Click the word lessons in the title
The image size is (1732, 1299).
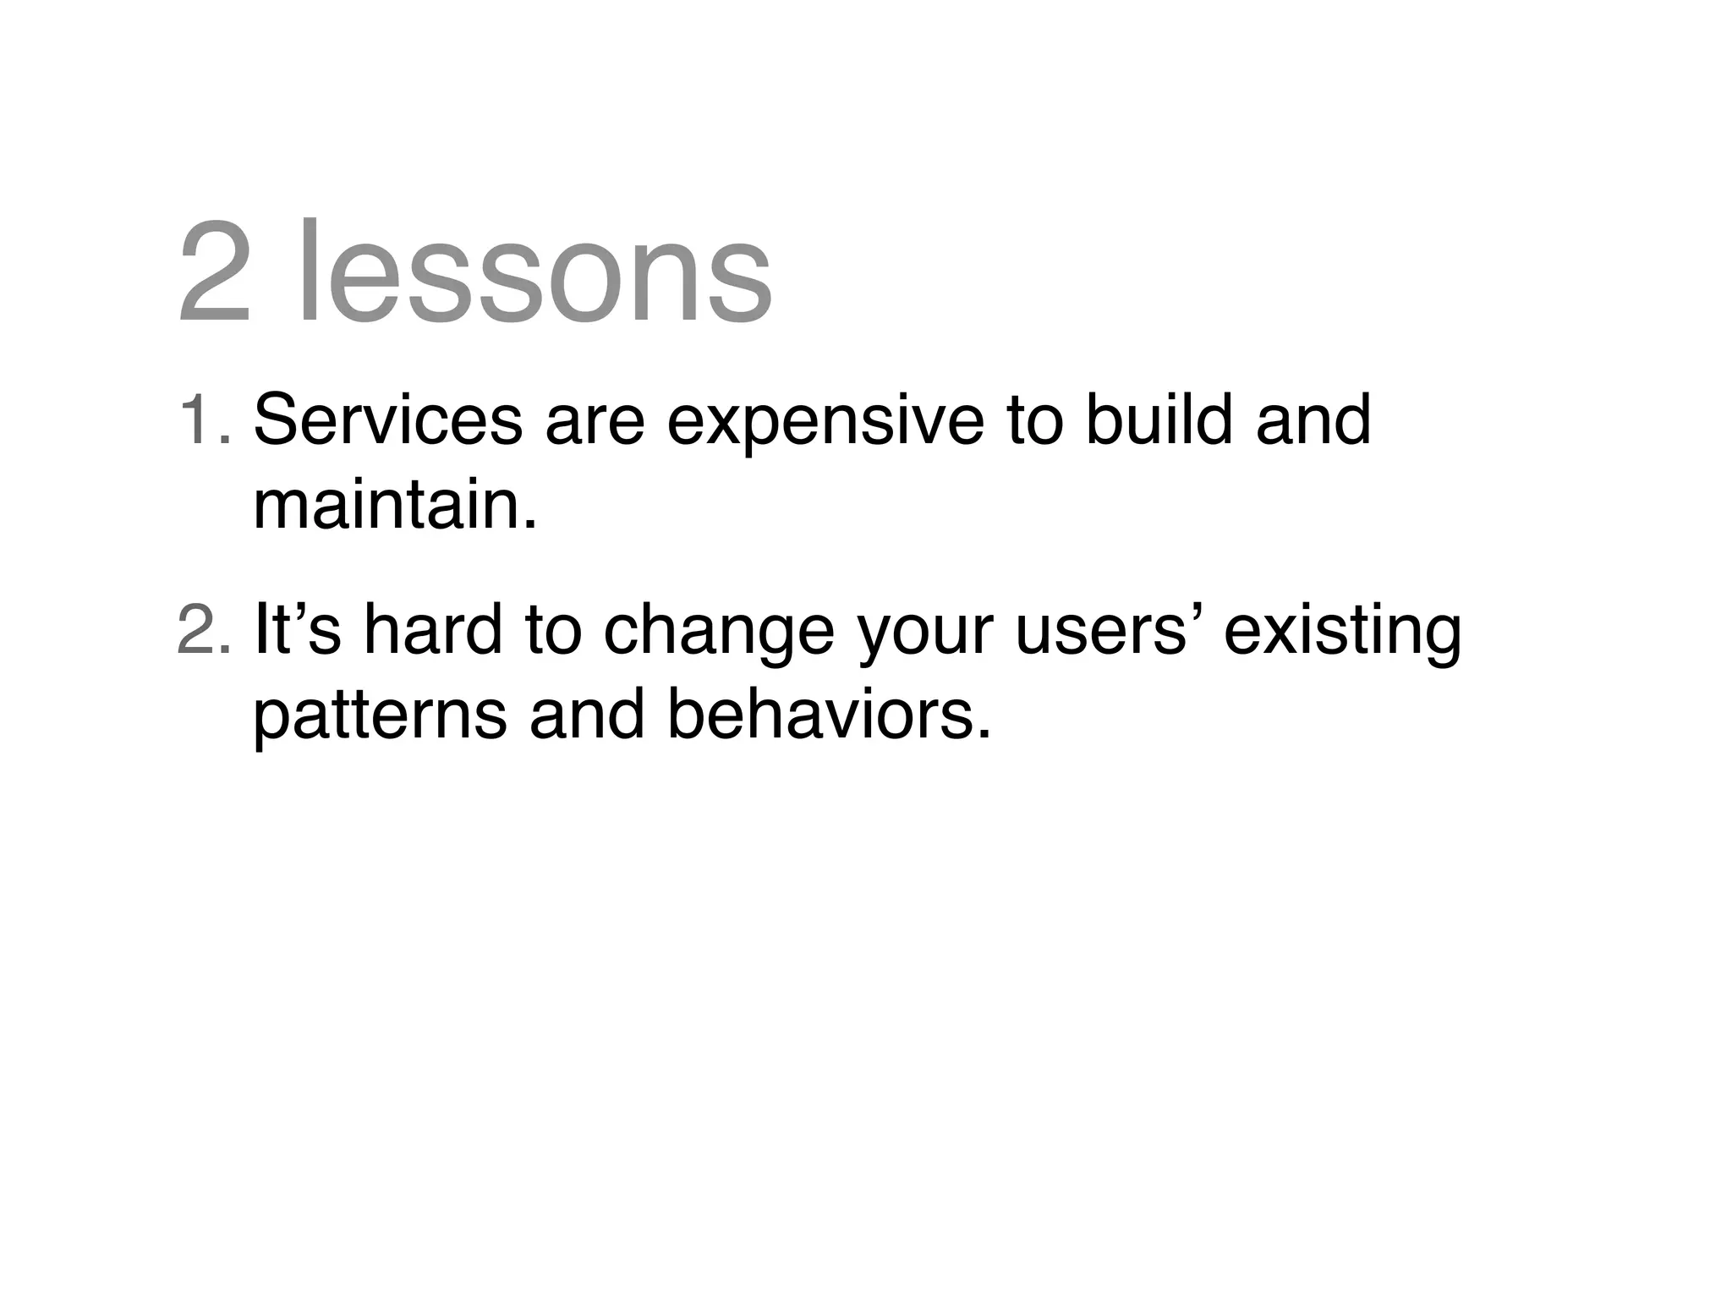(x=535, y=272)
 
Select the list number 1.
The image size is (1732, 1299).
(x=204, y=419)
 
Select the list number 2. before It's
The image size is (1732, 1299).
(x=204, y=631)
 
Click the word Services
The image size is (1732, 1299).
(x=387, y=419)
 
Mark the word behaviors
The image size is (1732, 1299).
(x=828, y=714)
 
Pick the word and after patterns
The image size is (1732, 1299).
(x=586, y=714)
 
